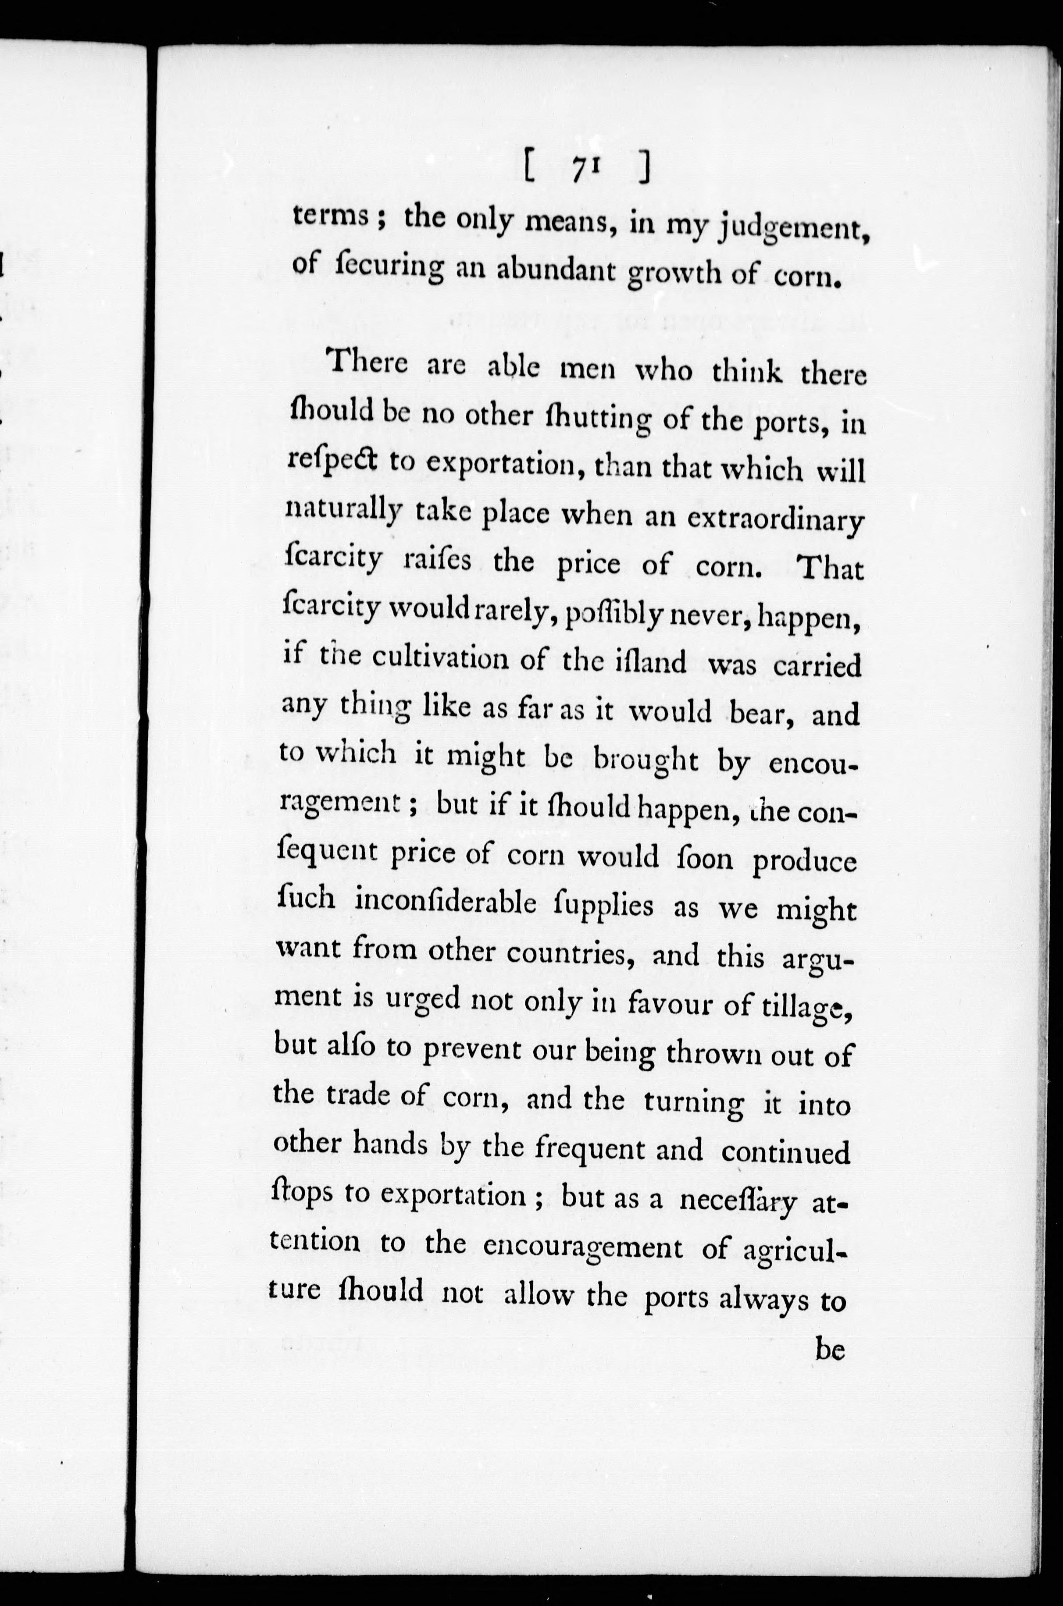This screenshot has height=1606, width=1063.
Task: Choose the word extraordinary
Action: point(776,519)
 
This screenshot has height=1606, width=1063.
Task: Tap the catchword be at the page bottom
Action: point(829,1350)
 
